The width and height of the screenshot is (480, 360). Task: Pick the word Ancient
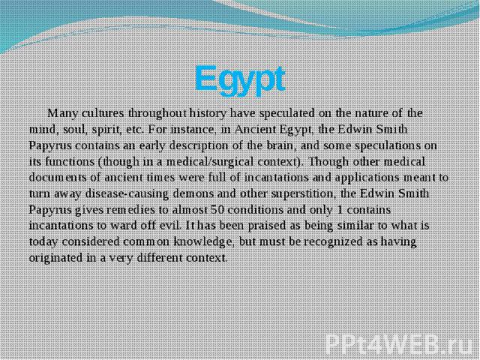tap(256, 130)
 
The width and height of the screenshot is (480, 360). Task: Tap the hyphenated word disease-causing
tap(127, 194)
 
